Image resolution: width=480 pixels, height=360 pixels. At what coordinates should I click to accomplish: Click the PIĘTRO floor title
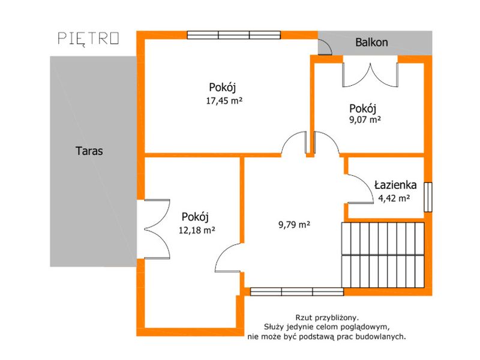[x=88, y=39]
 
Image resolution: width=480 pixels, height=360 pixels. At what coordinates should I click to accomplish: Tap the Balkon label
[x=371, y=42]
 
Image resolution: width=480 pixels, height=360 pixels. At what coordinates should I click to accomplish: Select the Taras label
[x=89, y=151]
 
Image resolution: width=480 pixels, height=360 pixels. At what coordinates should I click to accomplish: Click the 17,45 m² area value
[x=224, y=101]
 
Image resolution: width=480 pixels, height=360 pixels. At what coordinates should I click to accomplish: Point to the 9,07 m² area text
[x=365, y=119]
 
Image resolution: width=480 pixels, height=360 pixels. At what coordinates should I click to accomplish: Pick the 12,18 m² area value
[x=197, y=230]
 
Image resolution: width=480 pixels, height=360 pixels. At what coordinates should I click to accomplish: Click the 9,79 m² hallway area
[x=294, y=224]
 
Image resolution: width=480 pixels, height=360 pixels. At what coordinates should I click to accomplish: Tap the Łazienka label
[x=395, y=185]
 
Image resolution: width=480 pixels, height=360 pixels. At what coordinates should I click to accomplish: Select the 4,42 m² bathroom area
[x=394, y=199]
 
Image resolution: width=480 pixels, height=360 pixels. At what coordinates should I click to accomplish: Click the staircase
[x=383, y=255]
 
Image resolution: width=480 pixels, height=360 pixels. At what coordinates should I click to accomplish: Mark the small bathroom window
[x=428, y=197]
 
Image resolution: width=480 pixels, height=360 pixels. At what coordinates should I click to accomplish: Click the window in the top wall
[x=234, y=35]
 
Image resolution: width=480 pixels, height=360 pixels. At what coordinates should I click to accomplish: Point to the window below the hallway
[x=297, y=292]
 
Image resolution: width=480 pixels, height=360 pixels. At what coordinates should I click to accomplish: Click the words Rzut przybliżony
[x=326, y=317]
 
